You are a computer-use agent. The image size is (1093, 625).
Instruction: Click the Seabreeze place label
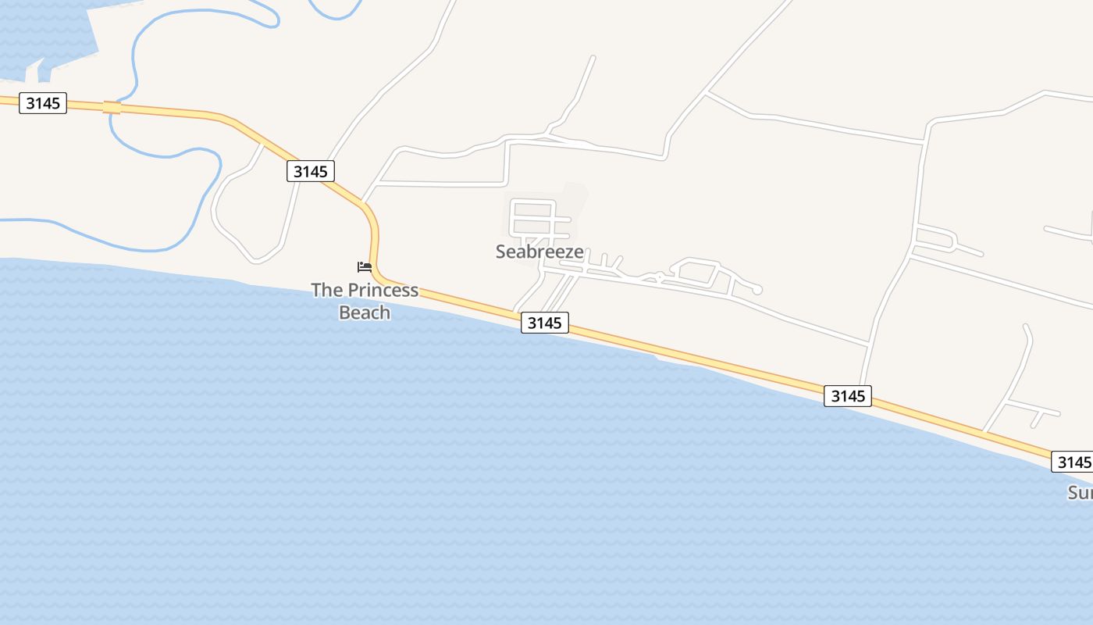click(539, 252)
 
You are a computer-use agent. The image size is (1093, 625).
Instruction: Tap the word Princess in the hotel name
click(383, 291)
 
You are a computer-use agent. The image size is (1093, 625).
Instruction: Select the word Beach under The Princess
click(364, 312)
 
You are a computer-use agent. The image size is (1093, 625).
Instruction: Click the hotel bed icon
click(364, 267)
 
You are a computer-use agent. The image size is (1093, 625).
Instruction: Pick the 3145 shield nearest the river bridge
click(43, 103)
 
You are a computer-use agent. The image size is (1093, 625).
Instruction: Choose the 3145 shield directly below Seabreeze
click(544, 323)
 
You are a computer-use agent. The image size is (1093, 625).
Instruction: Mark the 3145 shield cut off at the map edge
click(1071, 462)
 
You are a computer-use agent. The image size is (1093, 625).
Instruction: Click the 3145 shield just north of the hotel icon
click(310, 171)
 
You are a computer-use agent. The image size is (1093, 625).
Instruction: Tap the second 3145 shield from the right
click(848, 396)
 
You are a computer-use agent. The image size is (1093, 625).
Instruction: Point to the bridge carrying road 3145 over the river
click(112, 108)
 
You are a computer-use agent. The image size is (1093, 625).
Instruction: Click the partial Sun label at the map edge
click(1080, 493)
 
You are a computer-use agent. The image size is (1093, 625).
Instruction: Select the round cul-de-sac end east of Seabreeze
click(757, 290)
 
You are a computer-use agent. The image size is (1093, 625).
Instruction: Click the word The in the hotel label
click(326, 291)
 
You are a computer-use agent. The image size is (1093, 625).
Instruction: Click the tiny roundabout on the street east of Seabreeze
click(660, 276)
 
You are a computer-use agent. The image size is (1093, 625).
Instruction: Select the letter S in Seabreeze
click(501, 252)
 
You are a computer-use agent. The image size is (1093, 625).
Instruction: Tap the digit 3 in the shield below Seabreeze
click(531, 323)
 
